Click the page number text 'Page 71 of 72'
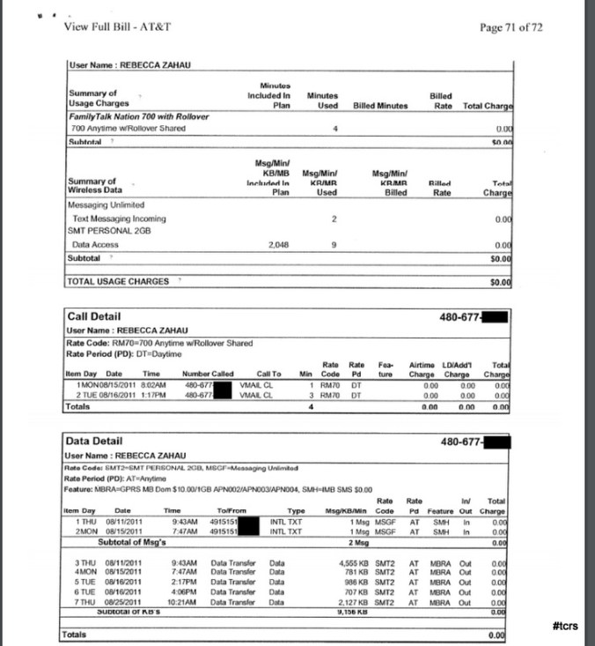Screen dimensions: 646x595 coord(511,27)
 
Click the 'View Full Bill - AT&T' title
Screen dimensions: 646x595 coord(117,26)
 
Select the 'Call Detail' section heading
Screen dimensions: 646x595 coord(94,316)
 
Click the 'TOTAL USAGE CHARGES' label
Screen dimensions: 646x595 coord(118,281)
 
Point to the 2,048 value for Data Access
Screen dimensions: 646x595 coord(279,244)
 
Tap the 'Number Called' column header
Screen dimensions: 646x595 coord(207,374)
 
